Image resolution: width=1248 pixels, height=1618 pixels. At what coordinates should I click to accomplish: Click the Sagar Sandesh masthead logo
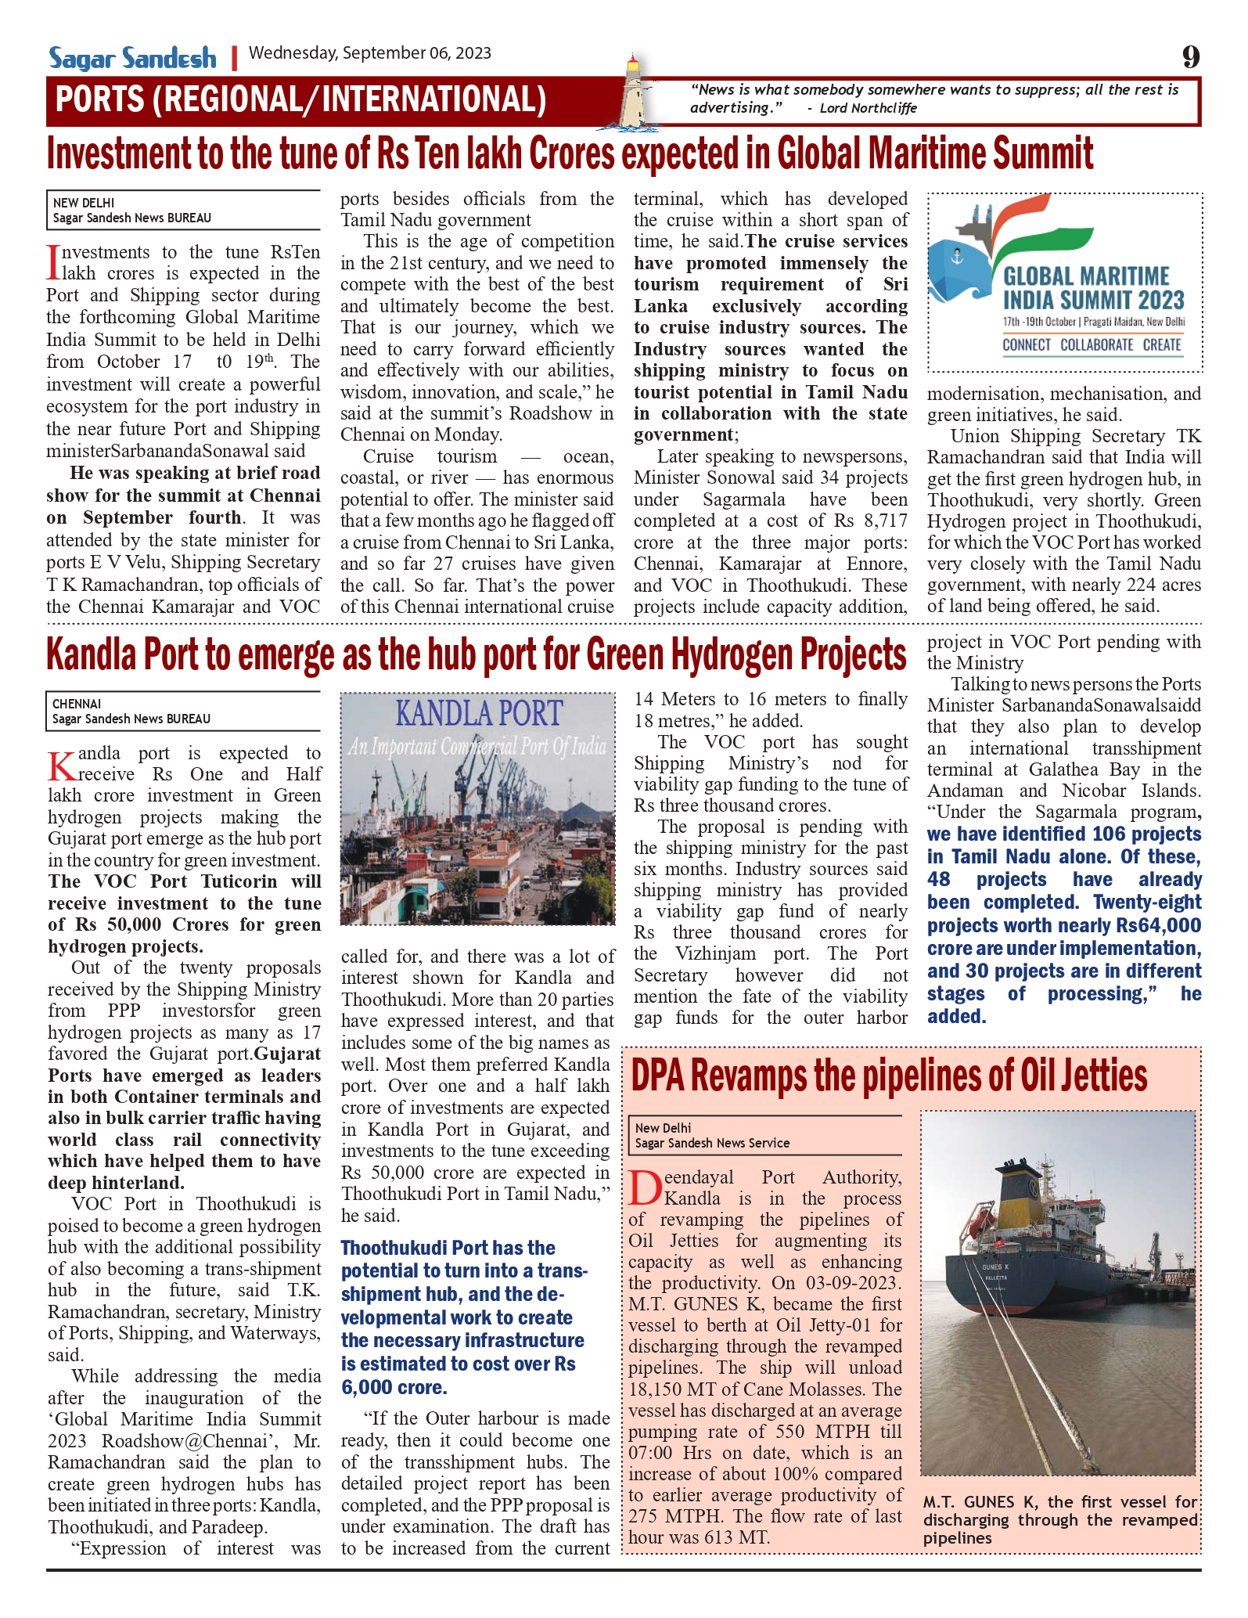(132, 58)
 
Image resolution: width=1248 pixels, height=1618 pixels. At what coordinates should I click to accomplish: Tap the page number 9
(1190, 56)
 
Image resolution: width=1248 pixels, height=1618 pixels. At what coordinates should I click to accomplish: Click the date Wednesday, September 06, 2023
(370, 53)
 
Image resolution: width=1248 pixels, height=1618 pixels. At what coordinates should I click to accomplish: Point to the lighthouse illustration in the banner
(635, 92)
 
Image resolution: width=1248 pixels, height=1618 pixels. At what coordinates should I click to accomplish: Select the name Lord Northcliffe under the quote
(868, 108)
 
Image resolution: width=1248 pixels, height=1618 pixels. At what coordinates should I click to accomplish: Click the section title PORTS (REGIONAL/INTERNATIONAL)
(300, 100)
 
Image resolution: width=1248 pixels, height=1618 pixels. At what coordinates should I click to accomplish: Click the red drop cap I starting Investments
(53, 262)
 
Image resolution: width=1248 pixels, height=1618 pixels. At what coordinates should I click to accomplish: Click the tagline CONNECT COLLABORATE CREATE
(1092, 345)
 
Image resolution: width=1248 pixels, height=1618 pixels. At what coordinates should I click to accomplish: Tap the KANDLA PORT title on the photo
(478, 714)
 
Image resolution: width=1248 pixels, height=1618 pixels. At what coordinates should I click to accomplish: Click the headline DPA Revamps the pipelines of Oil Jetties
(889, 1076)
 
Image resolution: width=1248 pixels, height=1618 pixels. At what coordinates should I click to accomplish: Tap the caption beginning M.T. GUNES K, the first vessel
(1059, 1519)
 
